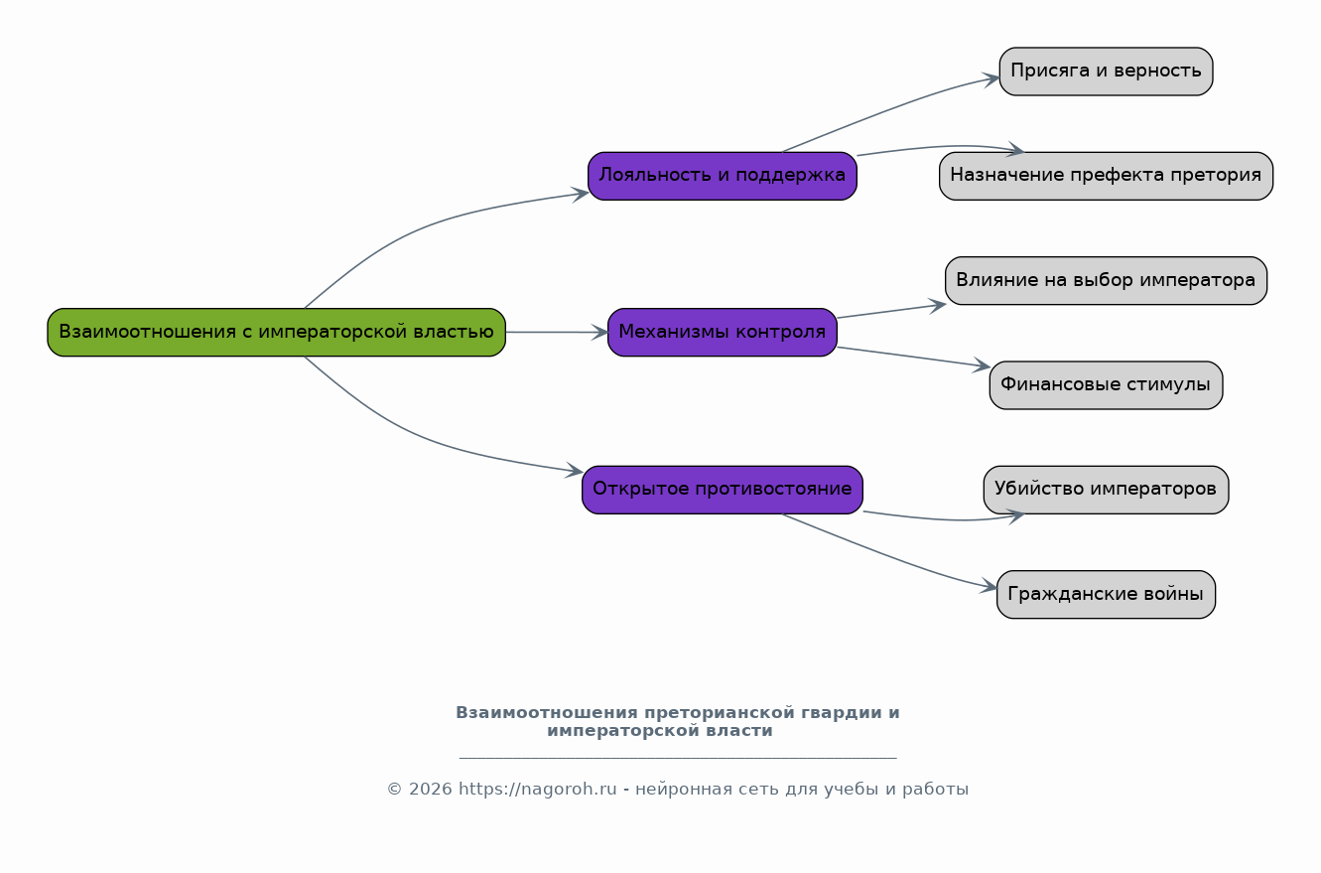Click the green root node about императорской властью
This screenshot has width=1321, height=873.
tap(276, 333)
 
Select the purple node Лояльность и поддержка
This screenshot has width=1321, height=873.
tap(722, 176)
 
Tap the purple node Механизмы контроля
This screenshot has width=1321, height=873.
tap(722, 333)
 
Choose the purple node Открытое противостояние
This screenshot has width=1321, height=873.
tap(722, 490)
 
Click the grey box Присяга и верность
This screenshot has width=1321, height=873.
tap(1106, 72)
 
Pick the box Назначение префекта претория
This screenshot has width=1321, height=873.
tap(1106, 176)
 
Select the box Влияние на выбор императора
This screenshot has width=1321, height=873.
tap(1106, 280)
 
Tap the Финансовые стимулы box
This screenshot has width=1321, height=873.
tap(1106, 384)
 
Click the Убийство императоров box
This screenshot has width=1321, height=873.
tap(1106, 490)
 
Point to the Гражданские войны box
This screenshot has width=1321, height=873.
tap(1106, 594)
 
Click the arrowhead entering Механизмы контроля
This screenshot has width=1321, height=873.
tap(599, 333)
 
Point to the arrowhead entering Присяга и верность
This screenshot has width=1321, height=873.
tap(991, 79)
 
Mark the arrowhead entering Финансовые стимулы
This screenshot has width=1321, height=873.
tap(982, 365)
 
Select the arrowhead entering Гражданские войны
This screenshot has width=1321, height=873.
tap(989, 586)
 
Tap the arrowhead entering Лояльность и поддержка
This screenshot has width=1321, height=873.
tap(581, 195)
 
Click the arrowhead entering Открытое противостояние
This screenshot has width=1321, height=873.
tap(575, 470)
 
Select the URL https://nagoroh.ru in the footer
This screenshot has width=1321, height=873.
tap(537, 790)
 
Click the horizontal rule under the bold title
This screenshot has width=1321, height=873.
tap(678, 758)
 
